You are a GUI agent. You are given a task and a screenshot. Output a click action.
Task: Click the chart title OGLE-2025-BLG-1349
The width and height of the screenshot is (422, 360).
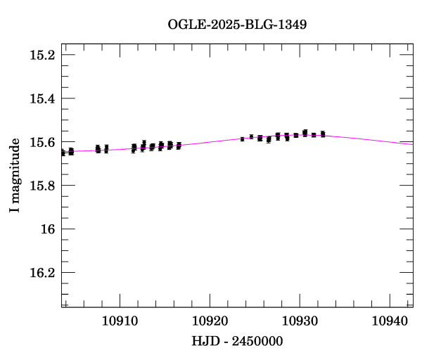237,25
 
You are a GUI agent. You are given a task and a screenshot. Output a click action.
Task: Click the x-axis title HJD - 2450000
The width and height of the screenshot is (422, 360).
237,341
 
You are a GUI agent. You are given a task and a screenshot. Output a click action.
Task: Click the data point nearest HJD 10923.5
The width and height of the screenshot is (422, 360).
242,139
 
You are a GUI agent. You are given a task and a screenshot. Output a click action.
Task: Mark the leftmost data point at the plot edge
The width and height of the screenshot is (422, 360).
63,153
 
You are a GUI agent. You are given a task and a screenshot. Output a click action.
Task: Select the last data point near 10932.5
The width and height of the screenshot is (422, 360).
323,134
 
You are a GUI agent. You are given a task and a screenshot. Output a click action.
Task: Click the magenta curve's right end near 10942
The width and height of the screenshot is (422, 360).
412,143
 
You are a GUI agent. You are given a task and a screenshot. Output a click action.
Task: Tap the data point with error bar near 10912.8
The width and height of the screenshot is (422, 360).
143,144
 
